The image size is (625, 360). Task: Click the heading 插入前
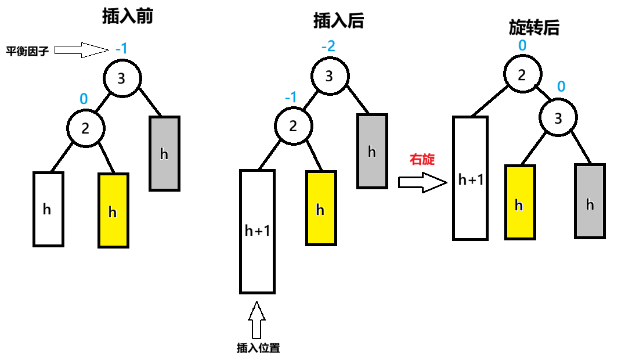(x=127, y=16)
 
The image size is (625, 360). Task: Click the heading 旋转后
(x=534, y=27)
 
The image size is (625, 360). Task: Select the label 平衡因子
(x=27, y=51)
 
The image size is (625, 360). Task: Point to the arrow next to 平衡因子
(x=81, y=50)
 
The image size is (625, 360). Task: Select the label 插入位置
(x=258, y=348)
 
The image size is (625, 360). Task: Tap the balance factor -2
(x=328, y=46)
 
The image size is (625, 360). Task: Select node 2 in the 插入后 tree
(x=293, y=126)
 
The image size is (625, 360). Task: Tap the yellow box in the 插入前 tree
(x=113, y=210)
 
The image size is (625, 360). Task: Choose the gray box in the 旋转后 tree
(x=590, y=201)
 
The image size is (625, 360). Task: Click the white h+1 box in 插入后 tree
(x=257, y=231)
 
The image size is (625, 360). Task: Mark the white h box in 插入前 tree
(x=48, y=209)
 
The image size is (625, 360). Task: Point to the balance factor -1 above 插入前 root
(x=121, y=48)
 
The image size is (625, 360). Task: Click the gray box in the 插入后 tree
(x=372, y=151)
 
